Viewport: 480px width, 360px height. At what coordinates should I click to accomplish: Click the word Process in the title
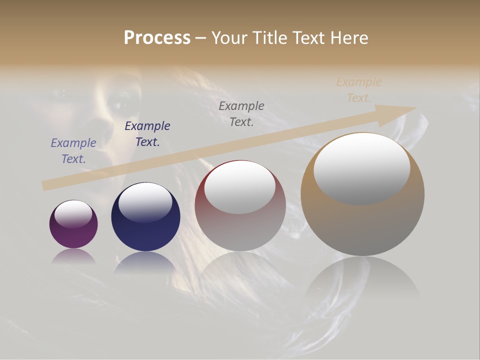[x=157, y=38]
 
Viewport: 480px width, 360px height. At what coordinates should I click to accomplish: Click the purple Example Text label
[x=73, y=151]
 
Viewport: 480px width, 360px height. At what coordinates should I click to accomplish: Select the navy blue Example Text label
[x=147, y=134]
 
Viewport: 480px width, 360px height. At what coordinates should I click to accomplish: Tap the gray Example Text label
[x=241, y=114]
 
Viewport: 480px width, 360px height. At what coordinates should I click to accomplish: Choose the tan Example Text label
[x=359, y=90]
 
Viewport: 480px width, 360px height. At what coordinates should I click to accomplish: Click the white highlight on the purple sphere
[x=73, y=214]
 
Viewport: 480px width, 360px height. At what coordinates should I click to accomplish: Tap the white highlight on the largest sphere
[x=361, y=167]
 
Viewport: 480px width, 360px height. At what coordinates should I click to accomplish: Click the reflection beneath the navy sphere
[x=145, y=262]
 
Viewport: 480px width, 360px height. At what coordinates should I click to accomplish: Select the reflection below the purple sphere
[x=73, y=256]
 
